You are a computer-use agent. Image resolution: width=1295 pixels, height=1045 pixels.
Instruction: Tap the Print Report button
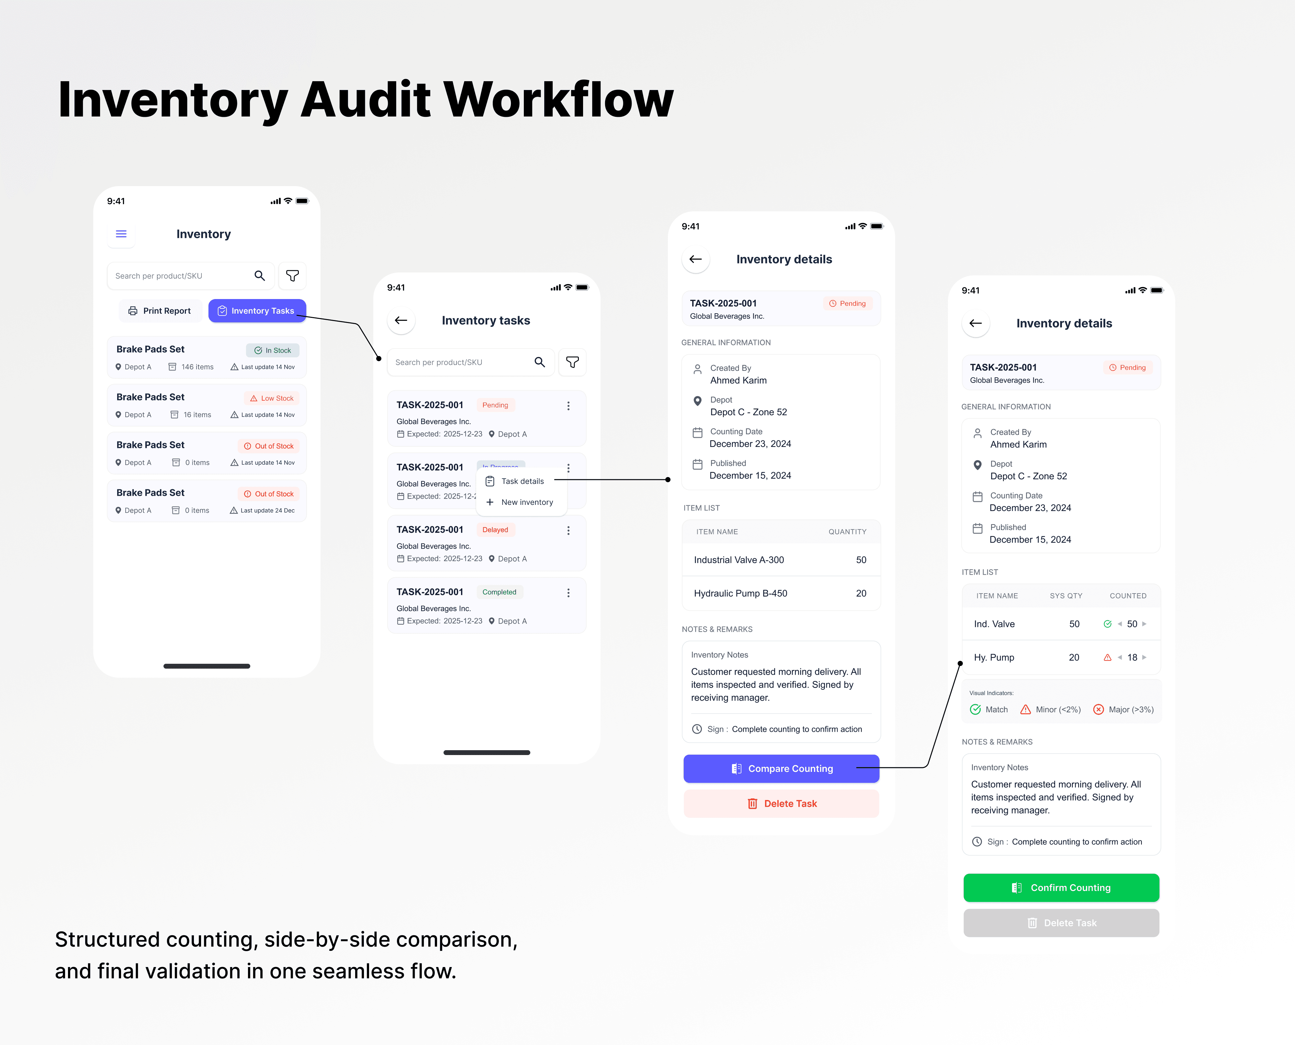tap(160, 311)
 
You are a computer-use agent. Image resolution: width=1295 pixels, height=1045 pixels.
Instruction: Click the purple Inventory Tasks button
tap(257, 311)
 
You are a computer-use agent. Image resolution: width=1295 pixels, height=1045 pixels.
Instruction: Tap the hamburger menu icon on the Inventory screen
tap(121, 234)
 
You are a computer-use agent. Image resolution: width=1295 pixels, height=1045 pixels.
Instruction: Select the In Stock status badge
tap(273, 350)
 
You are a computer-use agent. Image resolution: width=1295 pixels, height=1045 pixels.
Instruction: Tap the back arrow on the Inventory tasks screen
tap(401, 320)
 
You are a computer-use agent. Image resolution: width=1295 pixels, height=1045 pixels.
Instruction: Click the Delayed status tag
tap(495, 530)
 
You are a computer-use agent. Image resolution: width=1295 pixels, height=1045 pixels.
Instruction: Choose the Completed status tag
tap(499, 592)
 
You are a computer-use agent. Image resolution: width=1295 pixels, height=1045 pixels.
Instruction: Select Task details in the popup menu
tap(522, 481)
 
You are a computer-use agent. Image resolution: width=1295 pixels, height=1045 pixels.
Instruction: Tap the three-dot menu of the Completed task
tap(568, 593)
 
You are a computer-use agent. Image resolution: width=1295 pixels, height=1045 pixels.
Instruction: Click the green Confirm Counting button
tap(1061, 888)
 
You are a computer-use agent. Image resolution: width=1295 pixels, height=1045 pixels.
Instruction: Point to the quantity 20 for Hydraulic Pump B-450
tap(861, 594)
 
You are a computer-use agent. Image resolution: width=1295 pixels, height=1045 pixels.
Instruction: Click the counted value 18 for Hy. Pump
tap(1132, 657)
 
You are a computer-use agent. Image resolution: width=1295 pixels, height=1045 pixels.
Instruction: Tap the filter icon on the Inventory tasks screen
tap(572, 362)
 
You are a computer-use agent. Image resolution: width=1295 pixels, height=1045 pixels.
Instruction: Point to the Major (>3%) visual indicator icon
tap(1098, 710)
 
